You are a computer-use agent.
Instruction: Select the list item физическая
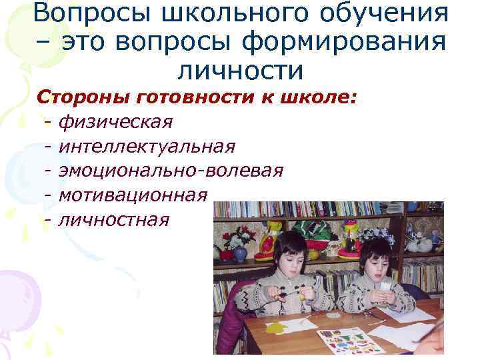(x=115, y=122)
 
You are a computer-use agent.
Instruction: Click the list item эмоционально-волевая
(x=171, y=170)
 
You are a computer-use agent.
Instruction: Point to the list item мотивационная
(x=133, y=194)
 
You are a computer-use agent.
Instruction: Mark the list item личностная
(x=113, y=218)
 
